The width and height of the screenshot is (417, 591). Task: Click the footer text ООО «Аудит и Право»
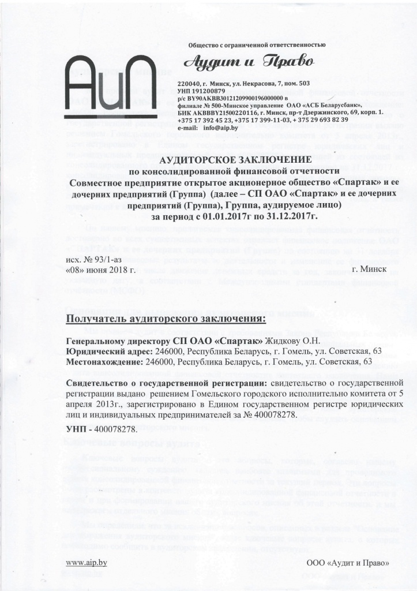(x=348, y=563)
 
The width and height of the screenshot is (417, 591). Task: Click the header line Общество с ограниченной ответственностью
(x=257, y=44)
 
